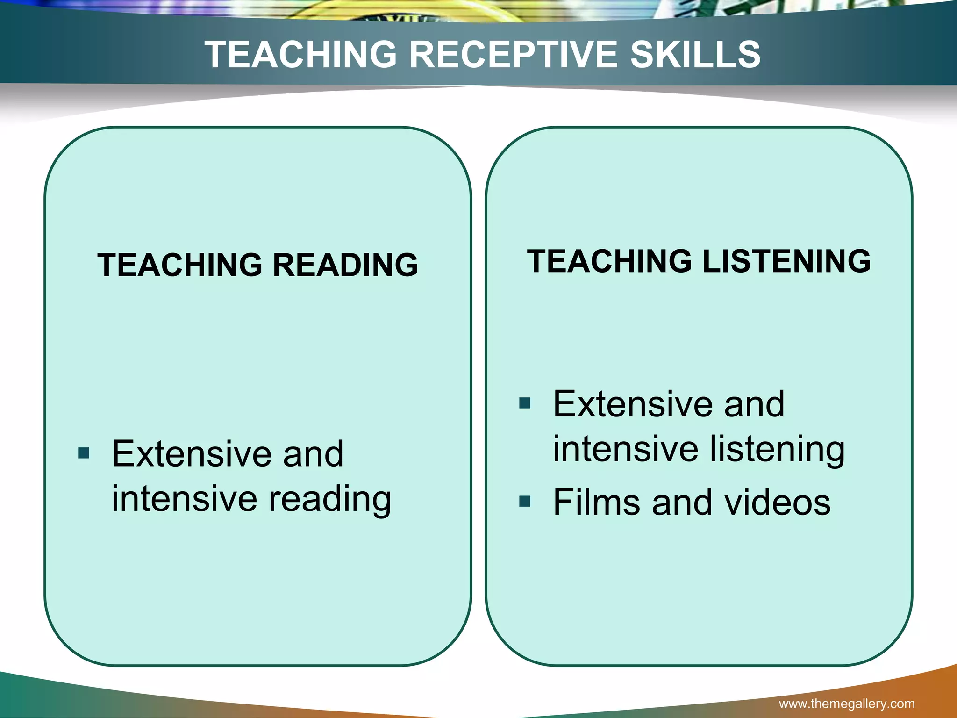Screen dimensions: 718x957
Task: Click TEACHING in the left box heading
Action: point(180,265)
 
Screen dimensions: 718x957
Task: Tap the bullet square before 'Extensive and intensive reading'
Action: point(84,453)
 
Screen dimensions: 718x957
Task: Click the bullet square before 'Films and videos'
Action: point(525,502)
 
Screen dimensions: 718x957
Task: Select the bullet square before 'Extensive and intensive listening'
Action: point(525,403)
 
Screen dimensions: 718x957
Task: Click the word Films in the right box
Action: point(596,502)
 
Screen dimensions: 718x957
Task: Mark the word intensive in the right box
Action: point(626,449)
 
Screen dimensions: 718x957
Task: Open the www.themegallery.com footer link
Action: point(847,703)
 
